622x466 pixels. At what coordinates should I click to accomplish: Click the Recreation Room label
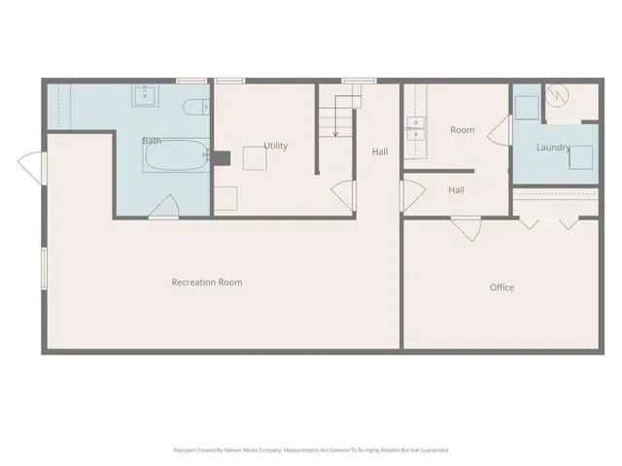(207, 283)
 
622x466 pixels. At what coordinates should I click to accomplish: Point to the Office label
(501, 287)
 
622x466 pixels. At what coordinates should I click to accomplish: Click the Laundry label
(553, 148)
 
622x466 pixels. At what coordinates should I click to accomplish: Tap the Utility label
(275, 146)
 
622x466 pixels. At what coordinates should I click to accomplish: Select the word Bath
(152, 141)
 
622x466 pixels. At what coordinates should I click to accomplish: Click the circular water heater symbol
(557, 95)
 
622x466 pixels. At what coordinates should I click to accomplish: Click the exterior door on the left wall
(36, 165)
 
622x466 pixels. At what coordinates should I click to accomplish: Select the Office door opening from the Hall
(465, 228)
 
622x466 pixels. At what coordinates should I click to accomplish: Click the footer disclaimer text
(310, 450)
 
